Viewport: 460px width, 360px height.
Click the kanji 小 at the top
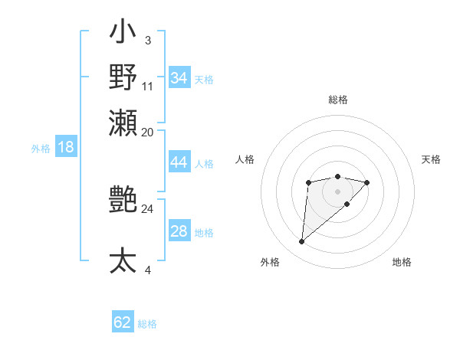(x=123, y=34)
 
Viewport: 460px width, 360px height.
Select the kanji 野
(x=123, y=77)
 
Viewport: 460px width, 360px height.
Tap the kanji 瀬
(x=123, y=121)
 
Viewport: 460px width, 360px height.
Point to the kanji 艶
(x=123, y=201)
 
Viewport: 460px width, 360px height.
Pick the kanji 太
(x=123, y=260)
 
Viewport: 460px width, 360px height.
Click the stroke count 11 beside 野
(x=148, y=86)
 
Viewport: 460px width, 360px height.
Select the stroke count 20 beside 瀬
(x=148, y=132)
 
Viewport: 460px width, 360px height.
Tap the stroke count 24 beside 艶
(x=148, y=208)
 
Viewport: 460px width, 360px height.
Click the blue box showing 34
(x=179, y=78)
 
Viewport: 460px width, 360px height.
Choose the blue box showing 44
(x=179, y=162)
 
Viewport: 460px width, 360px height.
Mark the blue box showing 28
(x=179, y=231)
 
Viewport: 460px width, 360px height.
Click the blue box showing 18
(x=65, y=147)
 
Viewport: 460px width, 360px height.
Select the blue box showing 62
(x=123, y=322)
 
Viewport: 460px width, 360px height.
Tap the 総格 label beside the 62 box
(x=147, y=324)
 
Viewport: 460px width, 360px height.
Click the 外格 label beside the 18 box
(x=41, y=149)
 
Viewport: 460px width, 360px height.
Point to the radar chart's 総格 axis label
(x=337, y=100)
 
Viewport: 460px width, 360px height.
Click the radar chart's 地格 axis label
(x=402, y=263)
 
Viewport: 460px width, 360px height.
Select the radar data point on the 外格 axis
(x=301, y=242)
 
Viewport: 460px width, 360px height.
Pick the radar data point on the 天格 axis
(x=367, y=182)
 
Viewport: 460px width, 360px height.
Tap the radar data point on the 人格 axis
(x=308, y=182)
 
